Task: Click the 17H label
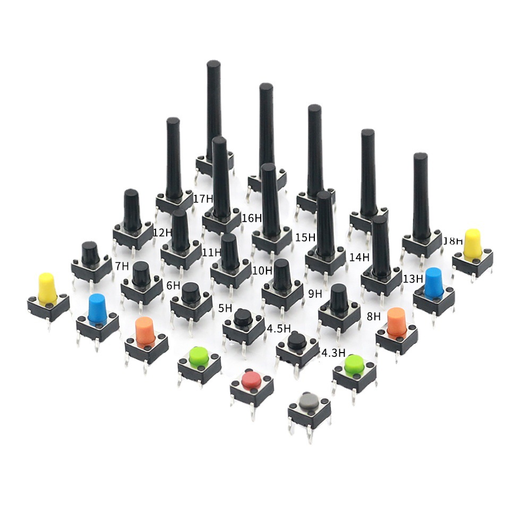203,199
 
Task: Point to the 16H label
252,218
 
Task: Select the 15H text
305,237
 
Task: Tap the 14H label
359,257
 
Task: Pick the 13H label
413,278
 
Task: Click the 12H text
162,232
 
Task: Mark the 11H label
211,252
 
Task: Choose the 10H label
262,271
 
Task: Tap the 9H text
315,293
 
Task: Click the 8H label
374,316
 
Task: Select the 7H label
122,265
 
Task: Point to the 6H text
173,285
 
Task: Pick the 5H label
225,308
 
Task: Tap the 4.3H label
334,352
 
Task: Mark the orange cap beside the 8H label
396,321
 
